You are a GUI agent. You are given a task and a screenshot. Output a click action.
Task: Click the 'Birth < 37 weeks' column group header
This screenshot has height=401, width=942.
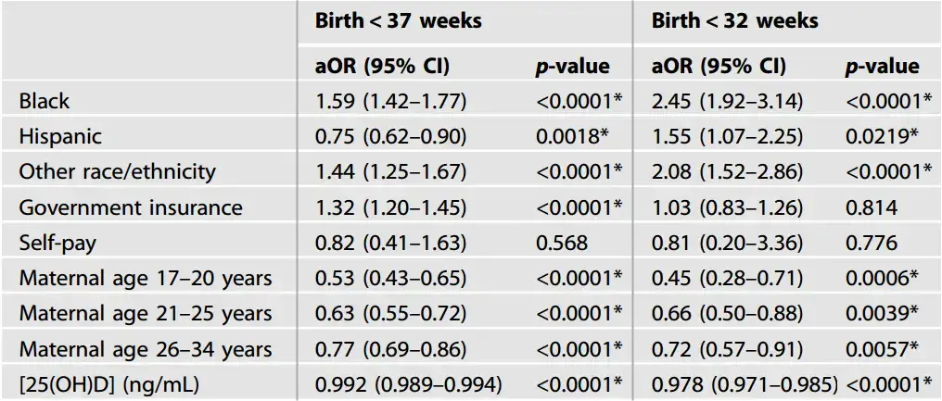pyautogui.click(x=399, y=21)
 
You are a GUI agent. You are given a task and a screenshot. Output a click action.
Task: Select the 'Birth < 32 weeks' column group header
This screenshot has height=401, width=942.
pyautogui.click(x=734, y=21)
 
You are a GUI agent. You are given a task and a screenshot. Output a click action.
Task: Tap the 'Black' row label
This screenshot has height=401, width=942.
pyautogui.click(x=45, y=101)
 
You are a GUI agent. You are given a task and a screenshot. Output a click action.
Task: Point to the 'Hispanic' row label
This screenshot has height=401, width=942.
pyautogui.click(x=60, y=136)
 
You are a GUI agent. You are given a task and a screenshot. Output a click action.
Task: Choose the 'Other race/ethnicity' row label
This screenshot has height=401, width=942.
pyautogui.click(x=117, y=172)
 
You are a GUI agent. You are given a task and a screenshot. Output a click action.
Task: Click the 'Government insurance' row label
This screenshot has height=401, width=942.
pyautogui.click(x=131, y=207)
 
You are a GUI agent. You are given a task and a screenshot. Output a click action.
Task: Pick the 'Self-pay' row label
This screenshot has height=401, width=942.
pyautogui.click(x=58, y=244)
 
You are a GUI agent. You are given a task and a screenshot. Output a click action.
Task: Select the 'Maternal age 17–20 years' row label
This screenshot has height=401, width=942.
pyautogui.click(x=146, y=279)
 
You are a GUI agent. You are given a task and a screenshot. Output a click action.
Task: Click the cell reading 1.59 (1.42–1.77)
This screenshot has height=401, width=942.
pyautogui.click(x=391, y=101)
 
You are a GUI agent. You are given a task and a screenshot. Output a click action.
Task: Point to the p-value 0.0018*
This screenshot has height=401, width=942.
pyautogui.click(x=572, y=136)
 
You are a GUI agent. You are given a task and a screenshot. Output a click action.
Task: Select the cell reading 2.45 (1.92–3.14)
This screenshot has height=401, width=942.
pyautogui.click(x=728, y=101)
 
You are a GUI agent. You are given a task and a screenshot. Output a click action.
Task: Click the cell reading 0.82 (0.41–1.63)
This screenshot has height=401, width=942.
pyautogui.click(x=391, y=244)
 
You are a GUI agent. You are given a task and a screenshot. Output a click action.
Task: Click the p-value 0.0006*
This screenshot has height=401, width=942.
pyautogui.click(x=882, y=279)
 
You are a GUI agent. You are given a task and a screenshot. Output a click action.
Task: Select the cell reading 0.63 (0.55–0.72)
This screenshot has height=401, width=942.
pyautogui.click(x=391, y=315)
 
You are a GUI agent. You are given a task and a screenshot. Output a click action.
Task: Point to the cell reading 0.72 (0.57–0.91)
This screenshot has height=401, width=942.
pyautogui.click(x=728, y=350)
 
